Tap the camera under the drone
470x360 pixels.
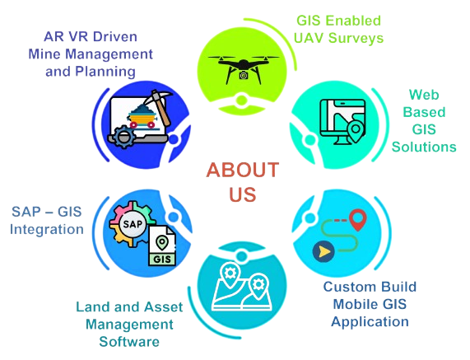(244, 75)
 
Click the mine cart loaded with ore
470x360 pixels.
(142, 116)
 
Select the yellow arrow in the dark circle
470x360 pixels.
(324, 252)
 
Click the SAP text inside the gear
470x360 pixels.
(133, 224)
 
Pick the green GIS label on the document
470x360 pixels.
(162, 259)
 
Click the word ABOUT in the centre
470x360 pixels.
(243, 170)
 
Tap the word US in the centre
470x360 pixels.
(243, 194)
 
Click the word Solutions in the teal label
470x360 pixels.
(424, 147)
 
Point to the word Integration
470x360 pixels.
(47, 230)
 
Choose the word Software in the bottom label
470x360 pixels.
(129, 342)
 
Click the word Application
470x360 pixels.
(370, 322)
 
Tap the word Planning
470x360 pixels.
(105, 72)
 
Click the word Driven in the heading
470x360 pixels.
(115, 36)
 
